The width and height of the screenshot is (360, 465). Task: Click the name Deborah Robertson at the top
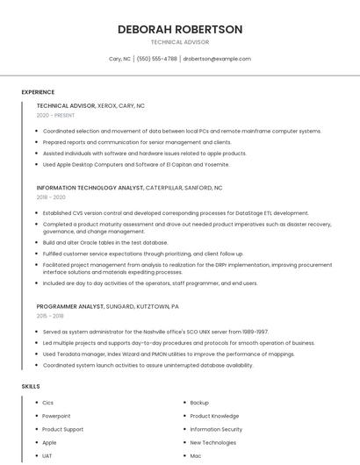180,29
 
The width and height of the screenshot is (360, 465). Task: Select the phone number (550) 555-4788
157,59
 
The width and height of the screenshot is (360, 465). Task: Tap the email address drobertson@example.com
217,59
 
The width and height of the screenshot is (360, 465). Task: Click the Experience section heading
38,92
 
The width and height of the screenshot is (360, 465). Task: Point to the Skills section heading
31,386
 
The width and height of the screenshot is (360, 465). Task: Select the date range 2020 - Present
55,115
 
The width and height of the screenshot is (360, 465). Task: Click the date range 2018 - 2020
53,197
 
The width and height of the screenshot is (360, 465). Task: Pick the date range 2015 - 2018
50,316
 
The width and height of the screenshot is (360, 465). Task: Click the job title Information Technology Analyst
90,188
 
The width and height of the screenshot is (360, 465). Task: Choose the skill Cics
48,403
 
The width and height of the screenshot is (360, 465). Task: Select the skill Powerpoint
56,416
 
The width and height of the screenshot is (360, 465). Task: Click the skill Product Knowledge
214,416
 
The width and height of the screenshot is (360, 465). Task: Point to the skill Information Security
216,429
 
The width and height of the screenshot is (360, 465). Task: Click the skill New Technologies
213,442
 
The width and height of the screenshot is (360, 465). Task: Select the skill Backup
199,403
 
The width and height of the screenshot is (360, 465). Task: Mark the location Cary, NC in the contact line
120,59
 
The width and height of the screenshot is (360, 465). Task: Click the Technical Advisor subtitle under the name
180,41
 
